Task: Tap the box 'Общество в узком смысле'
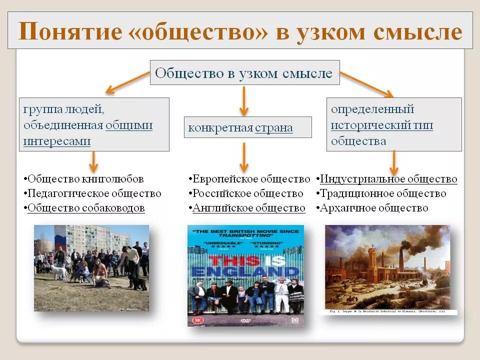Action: (x=244, y=73)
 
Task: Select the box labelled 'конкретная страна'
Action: (x=247, y=127)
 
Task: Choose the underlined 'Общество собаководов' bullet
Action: (x=86, y=208)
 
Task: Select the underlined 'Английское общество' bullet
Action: (x=248, y=208)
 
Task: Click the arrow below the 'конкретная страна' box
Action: (x=243, y=156)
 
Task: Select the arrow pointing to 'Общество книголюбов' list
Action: (x=93, y=161)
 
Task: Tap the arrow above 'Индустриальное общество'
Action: (x=394, y=162)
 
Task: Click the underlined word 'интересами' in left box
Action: (x=57, y=141)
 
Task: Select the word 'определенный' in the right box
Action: (x=372, y=109)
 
